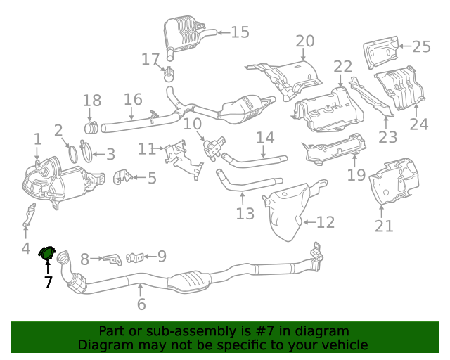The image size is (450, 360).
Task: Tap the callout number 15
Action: pyautogui.click(x=240, y=32)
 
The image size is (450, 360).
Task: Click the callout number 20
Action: pyautogui.click(x=305, y=41)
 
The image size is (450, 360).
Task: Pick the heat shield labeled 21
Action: pyautogui.click(x=394, y=182)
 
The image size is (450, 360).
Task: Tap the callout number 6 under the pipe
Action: pyautogui.click(x=141, y=304)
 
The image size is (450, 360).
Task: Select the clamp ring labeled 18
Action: pyautogui.click(x=91, y=127)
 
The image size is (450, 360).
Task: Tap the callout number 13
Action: pyautogui.click(x=245, y=213)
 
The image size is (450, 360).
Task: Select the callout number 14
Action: pyautogui.click(x=264, y=138)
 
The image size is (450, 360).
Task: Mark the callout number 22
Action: pyautogui.click(x=342, y=67)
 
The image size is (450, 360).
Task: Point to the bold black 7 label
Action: pyautogui.click(x=48, y=283)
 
